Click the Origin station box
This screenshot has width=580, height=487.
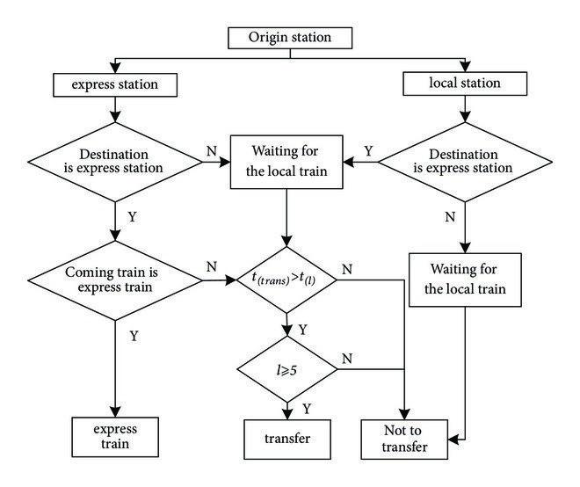tap(290, 38)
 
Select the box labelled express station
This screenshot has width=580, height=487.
tap(115, 84)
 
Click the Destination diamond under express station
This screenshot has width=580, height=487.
tap(115, 162)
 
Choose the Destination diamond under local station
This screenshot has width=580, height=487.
tap(466, 162)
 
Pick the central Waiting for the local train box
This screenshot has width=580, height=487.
tap(285, 162)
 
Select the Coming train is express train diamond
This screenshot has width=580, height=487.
tap(115, 280)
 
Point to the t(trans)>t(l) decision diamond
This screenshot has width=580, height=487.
tap(285, 280)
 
